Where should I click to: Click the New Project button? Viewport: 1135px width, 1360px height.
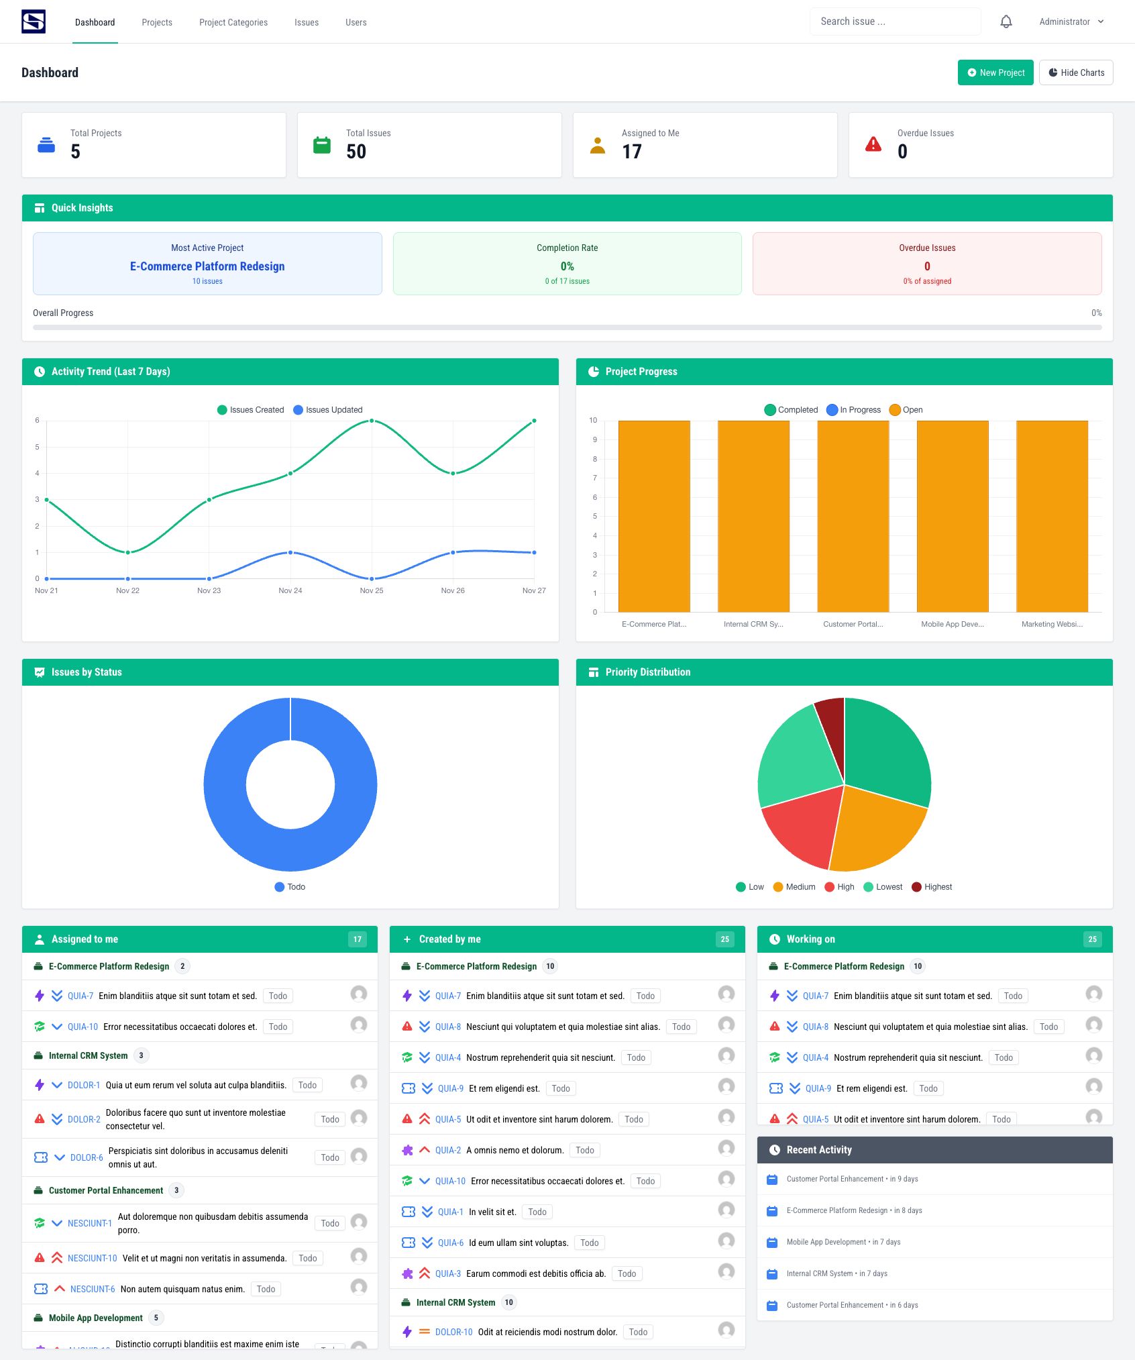click(995, 72)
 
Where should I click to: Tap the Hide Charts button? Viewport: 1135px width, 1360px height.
click(1075, 72)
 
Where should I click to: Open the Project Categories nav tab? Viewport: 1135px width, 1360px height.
click(233, 22)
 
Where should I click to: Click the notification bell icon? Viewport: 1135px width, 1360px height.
click(1006, 22)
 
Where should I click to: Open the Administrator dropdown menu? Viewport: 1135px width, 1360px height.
click(1071, 22)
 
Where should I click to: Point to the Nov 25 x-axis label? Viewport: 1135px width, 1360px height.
click(371, 590)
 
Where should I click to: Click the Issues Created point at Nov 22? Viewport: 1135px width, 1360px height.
click(127, 552)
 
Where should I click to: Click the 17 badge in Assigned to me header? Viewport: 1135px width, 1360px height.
click(357, 939)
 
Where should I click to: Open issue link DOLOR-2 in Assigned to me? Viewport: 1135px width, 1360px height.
click(84, 1119)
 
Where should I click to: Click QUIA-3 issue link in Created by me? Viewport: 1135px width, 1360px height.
click(447, 1273)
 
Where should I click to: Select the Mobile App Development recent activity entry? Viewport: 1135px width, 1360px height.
click(843, 1242)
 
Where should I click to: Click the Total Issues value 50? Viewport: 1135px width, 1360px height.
click(356, 152)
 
